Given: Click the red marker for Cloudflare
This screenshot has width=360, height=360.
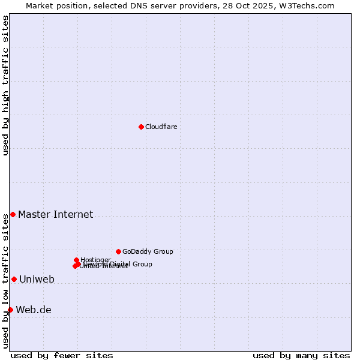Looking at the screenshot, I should (141, 127).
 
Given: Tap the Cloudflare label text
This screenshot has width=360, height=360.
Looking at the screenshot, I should (161, 127).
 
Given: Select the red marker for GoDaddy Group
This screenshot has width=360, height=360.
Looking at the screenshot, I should (118, 251).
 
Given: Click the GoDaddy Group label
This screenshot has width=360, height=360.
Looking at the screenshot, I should (148, 251).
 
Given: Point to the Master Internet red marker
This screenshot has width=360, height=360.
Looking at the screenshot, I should (13, 214).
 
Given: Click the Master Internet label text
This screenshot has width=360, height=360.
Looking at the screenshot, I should (55, 215).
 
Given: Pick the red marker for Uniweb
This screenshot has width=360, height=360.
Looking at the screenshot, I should (14, 279).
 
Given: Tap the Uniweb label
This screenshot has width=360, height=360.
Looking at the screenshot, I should (37, 280).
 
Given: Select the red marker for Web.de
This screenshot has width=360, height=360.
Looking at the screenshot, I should (10, 310).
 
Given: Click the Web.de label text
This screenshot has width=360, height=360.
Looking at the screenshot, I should (34, 310).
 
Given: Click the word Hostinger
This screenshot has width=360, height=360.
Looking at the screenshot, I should (95, 260).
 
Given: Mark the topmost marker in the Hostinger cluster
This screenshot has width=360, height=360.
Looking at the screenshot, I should (76, 260).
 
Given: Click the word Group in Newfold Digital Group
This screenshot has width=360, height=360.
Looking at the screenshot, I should (142, 264).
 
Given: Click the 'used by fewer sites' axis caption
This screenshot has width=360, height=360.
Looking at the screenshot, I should (62, 355).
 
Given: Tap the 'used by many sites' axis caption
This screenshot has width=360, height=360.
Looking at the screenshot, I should (301, 355).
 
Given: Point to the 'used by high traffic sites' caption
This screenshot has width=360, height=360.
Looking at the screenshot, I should (6, 85).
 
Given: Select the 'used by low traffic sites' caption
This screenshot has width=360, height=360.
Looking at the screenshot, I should (6, 281).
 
